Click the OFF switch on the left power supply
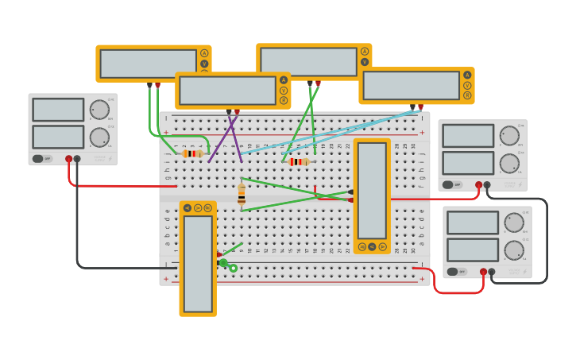42,158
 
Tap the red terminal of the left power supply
69,159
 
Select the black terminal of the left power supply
77,159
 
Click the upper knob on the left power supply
99,110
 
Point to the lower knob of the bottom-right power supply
514,250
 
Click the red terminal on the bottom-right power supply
483,272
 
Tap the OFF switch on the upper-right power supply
452,184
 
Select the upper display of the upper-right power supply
468,136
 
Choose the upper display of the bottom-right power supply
473,223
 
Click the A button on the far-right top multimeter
467,75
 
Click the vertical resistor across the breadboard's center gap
242,195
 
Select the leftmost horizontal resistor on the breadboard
192,153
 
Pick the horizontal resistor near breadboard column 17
299,161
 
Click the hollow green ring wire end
234,269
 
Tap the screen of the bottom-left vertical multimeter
198,263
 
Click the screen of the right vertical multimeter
372,191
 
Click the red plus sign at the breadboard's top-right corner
422,132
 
